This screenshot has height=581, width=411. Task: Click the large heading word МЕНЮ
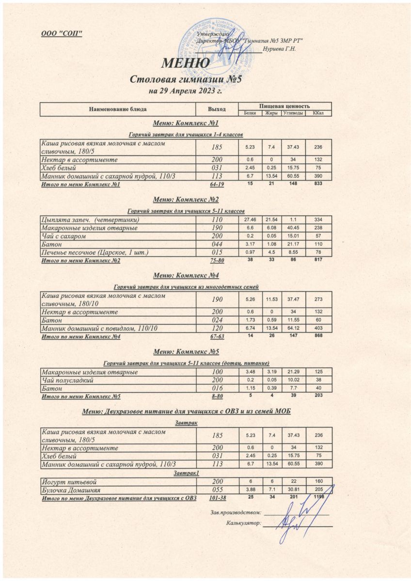(x=186, y=63)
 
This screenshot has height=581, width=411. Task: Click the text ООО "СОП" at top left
(x=62, y=32)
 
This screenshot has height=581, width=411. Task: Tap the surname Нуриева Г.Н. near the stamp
(x=279, y=48)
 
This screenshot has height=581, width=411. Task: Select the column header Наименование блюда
(x=117, y=109)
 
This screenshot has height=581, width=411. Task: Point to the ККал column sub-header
(x=318, y=113)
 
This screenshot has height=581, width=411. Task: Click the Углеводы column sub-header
(x=292, y=113)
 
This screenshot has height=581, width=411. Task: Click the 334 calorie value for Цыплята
(x=318, y=220)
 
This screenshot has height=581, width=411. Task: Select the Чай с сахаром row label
(x=63, y=236)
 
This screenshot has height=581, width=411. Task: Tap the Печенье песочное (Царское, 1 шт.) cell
(x=95, y=252)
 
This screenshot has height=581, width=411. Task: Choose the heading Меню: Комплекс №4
(x=186, y=275)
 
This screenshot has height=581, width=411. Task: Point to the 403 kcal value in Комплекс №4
(x=318, y=328)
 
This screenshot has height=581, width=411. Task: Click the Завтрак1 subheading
(x=187, y=473)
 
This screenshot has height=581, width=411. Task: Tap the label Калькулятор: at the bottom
(x=244, y=523)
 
